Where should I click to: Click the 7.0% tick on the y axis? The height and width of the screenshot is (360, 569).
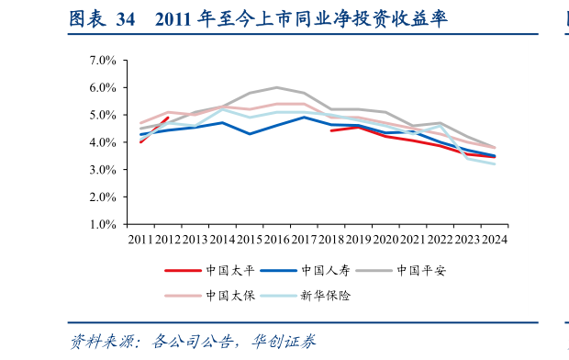point(102,61)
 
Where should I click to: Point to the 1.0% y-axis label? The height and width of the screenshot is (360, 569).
point(102,224)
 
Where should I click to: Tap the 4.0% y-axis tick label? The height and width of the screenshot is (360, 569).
point(102,142)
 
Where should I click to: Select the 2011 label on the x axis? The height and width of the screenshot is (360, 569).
point(140,239)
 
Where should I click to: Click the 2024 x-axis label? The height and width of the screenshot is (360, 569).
point(495,239)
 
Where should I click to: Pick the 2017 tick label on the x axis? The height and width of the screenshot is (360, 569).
point(304,239)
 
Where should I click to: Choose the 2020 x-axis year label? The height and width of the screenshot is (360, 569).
point(385,239)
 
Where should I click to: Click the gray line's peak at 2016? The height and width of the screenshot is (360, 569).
point(276,87)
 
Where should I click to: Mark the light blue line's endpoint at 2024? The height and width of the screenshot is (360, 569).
point(495,163)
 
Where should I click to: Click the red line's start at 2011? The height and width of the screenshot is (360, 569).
point(140,141)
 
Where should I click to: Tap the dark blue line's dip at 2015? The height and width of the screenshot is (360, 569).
point(249,134)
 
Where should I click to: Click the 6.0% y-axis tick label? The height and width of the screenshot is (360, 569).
point(102,88)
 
